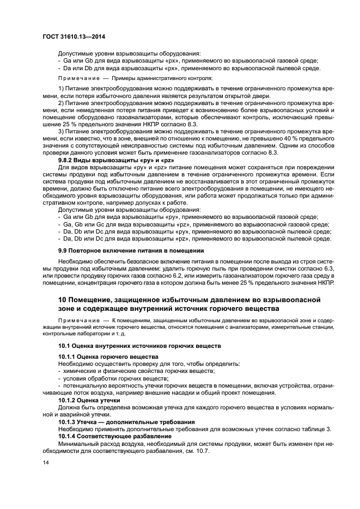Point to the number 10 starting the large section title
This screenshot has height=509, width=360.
point(63,299)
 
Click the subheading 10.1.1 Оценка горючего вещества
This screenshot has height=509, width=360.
point(101,355)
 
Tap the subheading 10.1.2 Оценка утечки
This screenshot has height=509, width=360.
point(89,400)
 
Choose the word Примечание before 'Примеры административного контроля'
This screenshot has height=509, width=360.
point(77,78)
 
